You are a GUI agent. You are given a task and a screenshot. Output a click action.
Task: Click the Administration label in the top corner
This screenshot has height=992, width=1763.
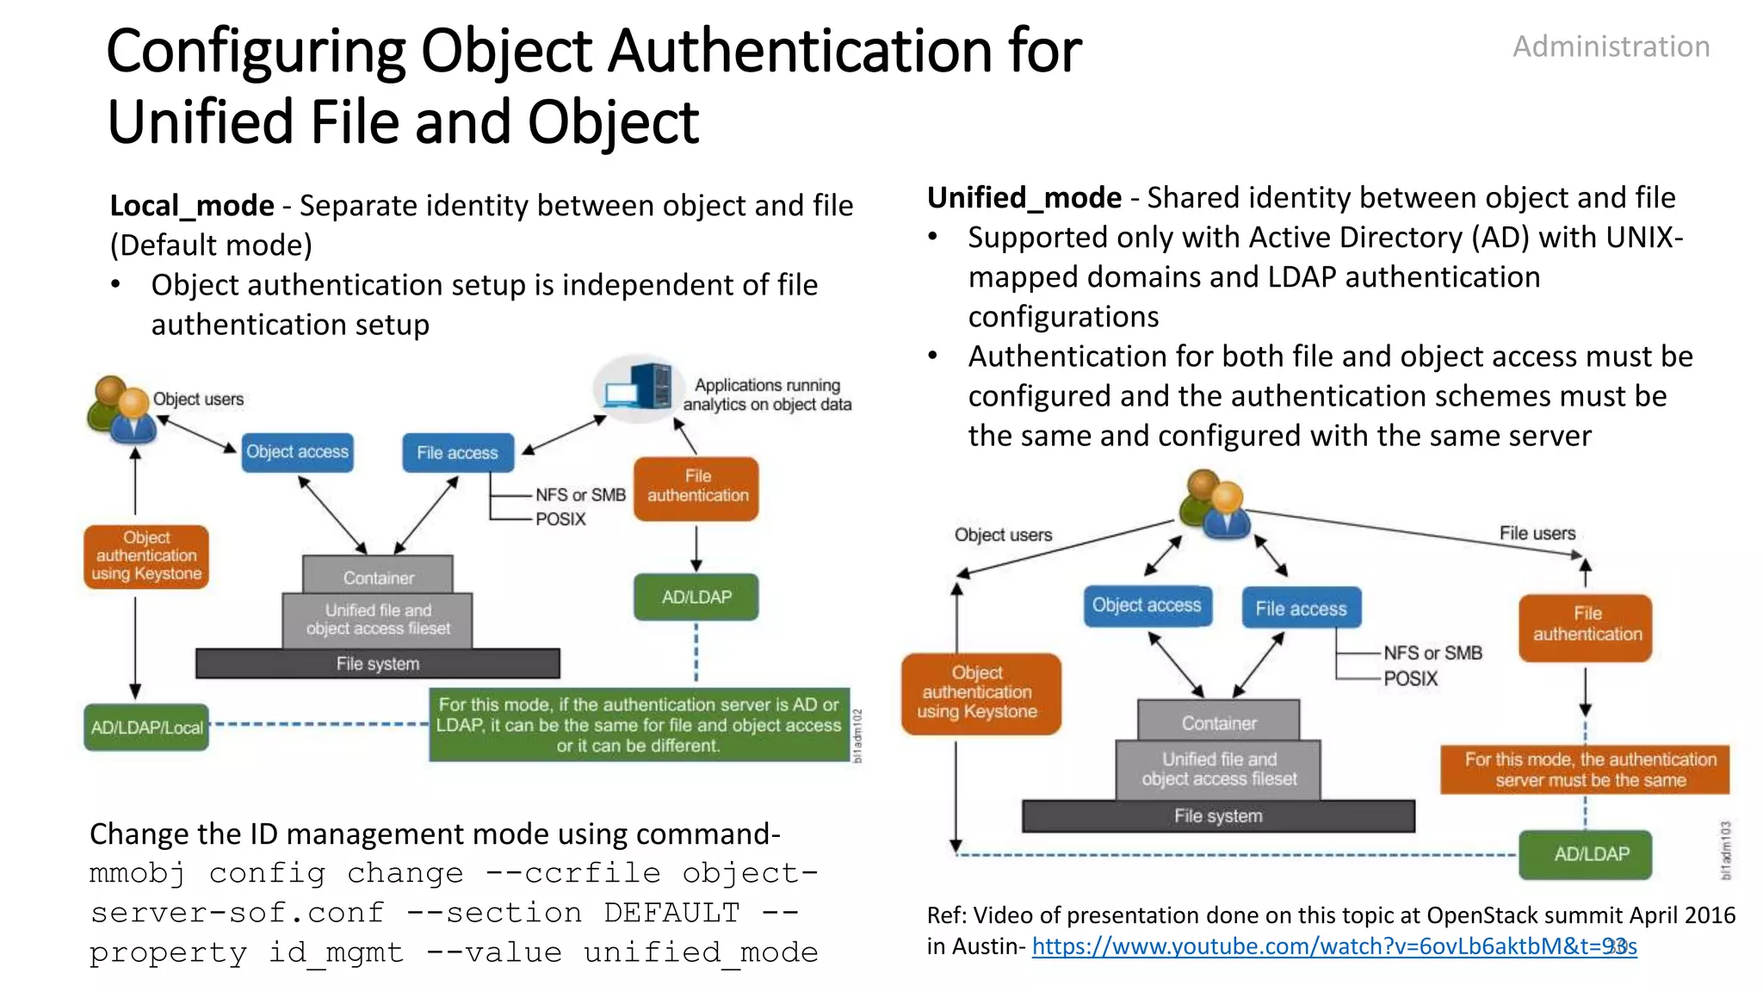(1611, 46)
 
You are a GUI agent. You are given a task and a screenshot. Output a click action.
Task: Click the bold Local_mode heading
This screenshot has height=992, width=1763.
(192, 206)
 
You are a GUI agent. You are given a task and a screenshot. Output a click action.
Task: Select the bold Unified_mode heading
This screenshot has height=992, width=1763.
(1024, 198)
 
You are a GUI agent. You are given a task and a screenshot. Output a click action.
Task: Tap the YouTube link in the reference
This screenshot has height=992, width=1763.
(1333, 946)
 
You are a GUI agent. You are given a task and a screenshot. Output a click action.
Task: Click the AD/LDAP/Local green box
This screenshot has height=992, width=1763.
(146, 728)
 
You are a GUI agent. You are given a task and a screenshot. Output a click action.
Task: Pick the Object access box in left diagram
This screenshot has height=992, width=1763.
(297, 452)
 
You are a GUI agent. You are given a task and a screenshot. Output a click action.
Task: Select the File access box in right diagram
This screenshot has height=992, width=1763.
(1301, 608)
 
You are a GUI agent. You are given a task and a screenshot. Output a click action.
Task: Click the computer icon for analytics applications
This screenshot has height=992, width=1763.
(638, 388)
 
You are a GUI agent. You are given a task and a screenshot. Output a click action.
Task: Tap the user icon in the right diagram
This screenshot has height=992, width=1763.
(1214, 505)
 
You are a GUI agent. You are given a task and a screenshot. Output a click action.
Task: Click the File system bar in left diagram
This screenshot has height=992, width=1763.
(378, 663)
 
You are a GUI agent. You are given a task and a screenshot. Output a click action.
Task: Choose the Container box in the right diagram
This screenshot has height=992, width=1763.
(1218, 722)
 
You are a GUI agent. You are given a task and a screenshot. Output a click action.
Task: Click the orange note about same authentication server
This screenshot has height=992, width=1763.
(1585, 770)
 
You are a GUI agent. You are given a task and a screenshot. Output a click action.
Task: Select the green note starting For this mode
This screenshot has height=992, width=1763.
(639, 725)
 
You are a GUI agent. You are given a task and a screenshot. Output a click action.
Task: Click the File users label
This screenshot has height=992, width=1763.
(1537, 533)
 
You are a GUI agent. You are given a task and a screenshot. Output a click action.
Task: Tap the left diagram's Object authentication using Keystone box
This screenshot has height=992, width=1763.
(146, 556)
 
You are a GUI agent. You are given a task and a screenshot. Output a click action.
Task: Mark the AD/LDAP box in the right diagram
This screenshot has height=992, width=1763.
(1585, 854)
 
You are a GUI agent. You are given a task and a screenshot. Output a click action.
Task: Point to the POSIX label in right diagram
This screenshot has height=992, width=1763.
(1410, 679)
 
